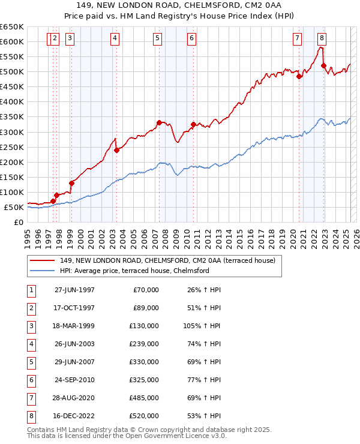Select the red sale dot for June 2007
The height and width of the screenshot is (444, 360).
click(x=159, y=122)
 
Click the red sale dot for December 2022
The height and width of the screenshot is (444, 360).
click(x=323, y=65)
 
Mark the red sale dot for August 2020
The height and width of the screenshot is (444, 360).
click(x=299, y=76)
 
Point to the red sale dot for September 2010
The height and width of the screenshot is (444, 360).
click(x=193, y=124)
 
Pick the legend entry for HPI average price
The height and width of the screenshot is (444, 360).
click(x=134, y=271)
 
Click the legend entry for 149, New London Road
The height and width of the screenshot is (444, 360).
click(x=167, y=260)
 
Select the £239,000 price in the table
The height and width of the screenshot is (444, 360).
click(x=144, y=344)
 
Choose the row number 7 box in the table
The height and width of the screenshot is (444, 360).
click(x=31, y=398)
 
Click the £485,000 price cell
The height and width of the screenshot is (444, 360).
click(x=144, y=398)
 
